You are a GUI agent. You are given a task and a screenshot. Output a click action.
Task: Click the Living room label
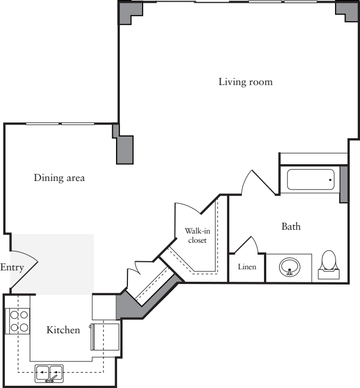point(245,82)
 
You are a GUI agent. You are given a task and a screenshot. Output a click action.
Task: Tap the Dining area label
point(59,178)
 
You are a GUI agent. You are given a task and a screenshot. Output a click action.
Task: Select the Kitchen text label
point(63,329)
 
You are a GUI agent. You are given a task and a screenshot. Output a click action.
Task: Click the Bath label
point(291,227)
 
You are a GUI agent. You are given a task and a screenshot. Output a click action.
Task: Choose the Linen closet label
point(247,268)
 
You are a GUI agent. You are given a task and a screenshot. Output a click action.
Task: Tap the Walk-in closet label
point(197,235)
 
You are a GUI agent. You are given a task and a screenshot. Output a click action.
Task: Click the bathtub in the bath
point(310,179)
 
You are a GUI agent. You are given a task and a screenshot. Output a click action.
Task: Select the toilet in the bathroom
point(329,263)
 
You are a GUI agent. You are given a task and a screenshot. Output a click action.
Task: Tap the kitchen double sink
point(49,373)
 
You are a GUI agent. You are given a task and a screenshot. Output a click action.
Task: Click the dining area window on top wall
point(61,124)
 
